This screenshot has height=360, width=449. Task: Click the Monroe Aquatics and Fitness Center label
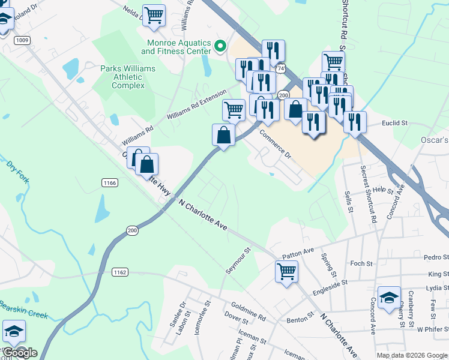point(179,47)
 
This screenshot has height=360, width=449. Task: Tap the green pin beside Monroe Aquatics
point(220,45)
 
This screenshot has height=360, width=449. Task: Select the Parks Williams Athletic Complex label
point(127,77)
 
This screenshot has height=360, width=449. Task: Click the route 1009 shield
point(22,40)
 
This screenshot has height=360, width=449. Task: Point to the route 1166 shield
point(109,182)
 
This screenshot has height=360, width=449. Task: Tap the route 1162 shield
point(120,272)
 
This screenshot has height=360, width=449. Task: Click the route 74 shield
point(280,69)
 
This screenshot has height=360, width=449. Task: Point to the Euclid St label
point(394,123)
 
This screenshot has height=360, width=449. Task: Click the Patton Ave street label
point(298,251)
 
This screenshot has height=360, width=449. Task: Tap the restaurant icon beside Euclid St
point(355,122)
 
